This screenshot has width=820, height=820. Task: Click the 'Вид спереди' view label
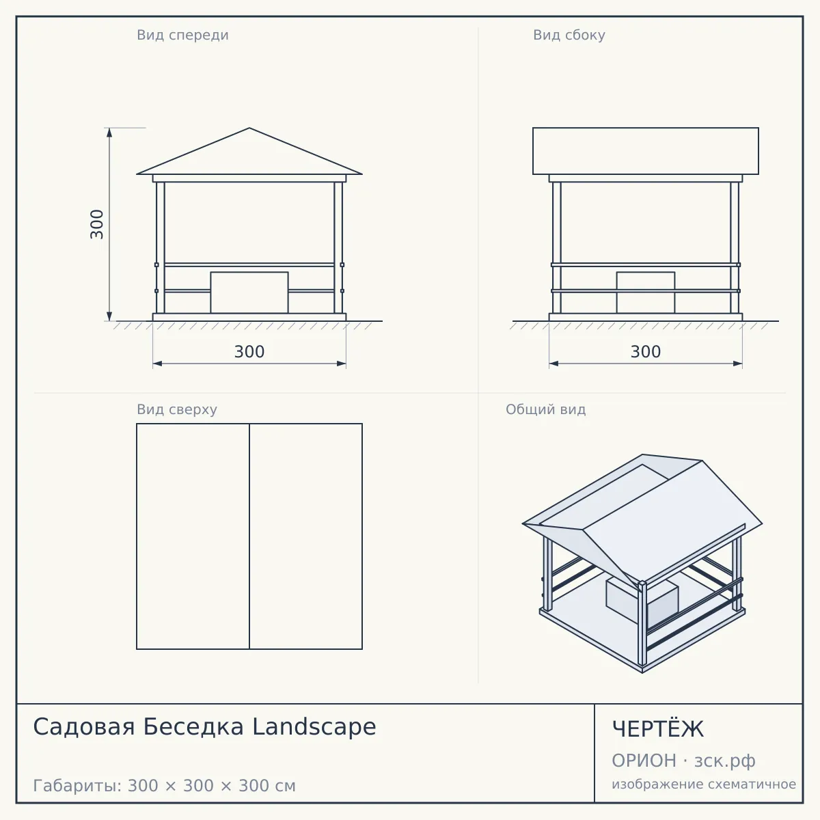182,35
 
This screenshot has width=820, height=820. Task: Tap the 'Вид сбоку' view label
569,35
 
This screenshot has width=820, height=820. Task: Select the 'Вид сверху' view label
176,409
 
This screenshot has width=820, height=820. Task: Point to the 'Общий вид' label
545,409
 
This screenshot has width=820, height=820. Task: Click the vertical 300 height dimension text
97,224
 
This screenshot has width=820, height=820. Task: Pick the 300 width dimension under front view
249,352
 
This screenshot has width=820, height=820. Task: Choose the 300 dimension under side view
646,352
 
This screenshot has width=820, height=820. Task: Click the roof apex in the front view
249,128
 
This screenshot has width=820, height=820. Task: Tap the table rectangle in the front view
249,292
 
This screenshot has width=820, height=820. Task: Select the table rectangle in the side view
646,292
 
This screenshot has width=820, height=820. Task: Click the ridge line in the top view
249,536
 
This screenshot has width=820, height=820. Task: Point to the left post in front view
161,247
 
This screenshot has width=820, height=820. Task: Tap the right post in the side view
735,247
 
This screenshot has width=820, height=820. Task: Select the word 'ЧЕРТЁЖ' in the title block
658,728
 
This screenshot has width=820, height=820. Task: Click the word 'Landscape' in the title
314,726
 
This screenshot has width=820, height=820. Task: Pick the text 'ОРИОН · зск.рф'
683,761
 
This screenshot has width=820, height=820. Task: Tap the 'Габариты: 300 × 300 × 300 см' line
164,786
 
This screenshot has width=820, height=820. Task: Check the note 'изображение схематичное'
704,784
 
